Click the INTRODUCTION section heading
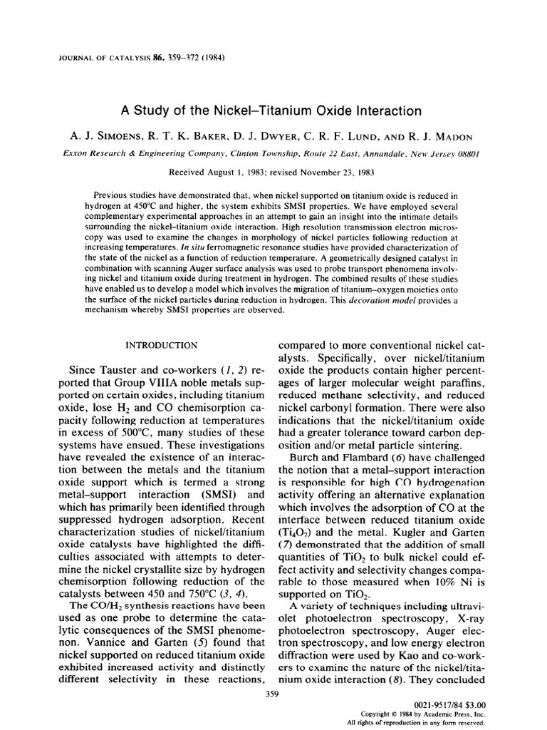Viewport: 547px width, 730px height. point(162,346)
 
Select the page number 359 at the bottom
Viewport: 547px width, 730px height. point(273,691)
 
